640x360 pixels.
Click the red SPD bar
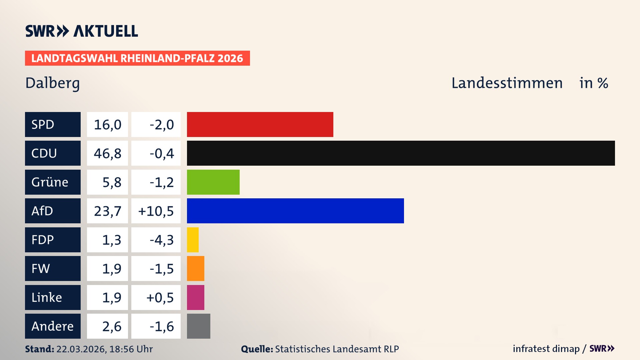coord(260,124)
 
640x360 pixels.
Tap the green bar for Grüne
coord(213,182)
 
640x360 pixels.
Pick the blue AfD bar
coord(295,211)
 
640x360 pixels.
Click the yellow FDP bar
coord(193,240)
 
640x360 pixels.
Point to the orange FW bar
coord(195,268)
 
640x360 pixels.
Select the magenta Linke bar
coord(195,297)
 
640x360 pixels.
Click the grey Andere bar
coord(198,326)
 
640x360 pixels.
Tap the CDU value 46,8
coord(107,153)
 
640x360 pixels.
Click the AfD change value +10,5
coord(156,211)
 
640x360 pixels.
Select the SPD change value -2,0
coord(161,125)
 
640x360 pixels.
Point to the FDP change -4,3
coord(161,240)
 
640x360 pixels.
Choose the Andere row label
coord(53,326)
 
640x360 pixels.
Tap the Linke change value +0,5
coord(160,298)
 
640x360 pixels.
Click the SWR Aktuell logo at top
coord(82,31)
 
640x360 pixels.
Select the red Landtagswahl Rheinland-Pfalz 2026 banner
coord(137,58)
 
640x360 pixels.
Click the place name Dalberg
coord(53,83)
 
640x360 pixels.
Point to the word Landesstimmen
coord(507,83)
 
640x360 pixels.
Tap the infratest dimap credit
coord(546,349)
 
